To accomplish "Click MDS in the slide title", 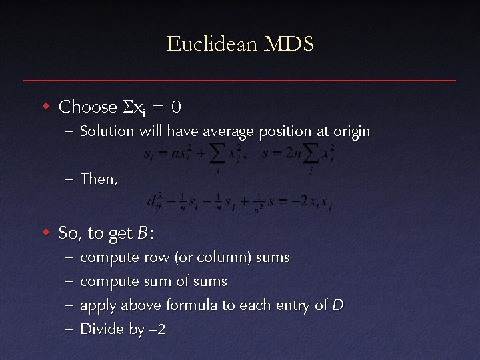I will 289,45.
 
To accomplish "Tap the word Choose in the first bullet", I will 87,106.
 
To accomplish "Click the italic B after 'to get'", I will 142,233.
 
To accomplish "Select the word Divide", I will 101,329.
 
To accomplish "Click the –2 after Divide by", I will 157,329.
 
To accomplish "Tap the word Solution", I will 107,131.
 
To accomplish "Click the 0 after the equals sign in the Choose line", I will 175,107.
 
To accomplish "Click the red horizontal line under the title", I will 240,81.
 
